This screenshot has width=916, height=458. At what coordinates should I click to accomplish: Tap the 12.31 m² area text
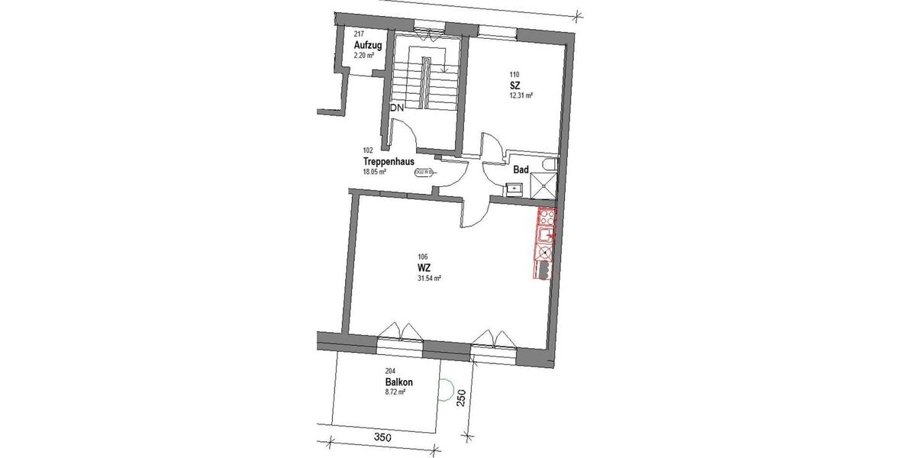coord(521,96)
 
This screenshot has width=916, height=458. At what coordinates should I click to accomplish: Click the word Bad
coord(521,169)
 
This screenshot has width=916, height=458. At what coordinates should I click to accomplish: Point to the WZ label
coord(424,267)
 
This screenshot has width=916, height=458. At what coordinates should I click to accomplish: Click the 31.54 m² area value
coord(430,279)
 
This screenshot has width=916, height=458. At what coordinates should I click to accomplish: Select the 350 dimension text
coord(383,437)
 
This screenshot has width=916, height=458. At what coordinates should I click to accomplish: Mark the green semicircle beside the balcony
coord(447,392)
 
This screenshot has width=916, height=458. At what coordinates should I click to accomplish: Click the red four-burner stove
coord(546,217)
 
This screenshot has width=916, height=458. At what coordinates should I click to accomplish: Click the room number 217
coord(359,34)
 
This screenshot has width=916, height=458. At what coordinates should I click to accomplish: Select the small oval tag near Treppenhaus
coord(423,173)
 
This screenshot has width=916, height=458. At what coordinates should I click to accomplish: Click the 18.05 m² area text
coord(375,173)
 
